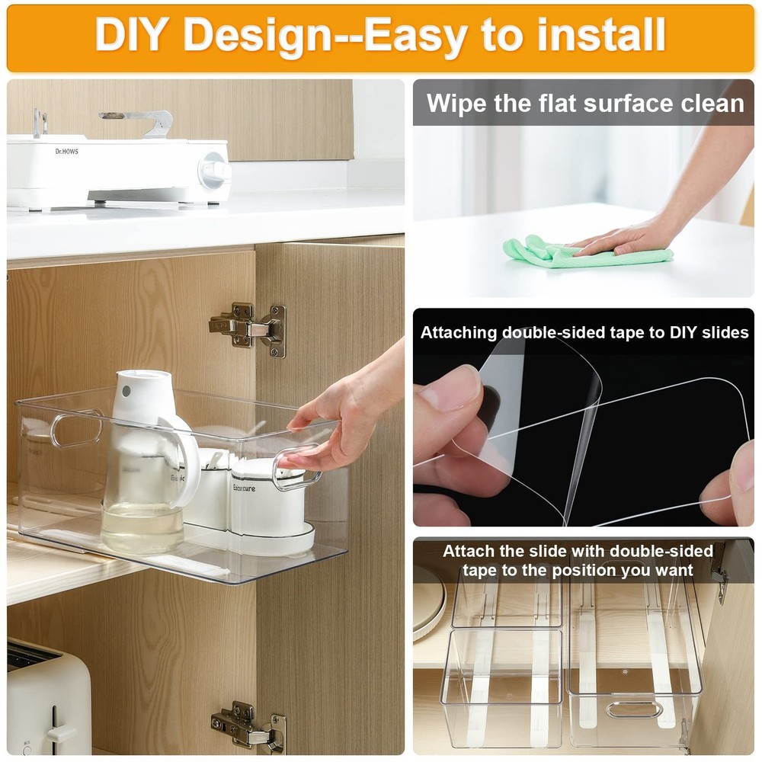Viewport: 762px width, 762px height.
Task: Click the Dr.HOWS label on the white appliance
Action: (66, 151)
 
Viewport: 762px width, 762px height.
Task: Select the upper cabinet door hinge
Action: (248, 328)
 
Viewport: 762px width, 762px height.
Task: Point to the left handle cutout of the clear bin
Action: (76, 429)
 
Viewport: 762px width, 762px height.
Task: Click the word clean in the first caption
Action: (709, 103)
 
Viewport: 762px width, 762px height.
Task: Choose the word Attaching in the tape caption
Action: (459, 333)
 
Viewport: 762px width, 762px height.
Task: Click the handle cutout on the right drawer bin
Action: (634, 709)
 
